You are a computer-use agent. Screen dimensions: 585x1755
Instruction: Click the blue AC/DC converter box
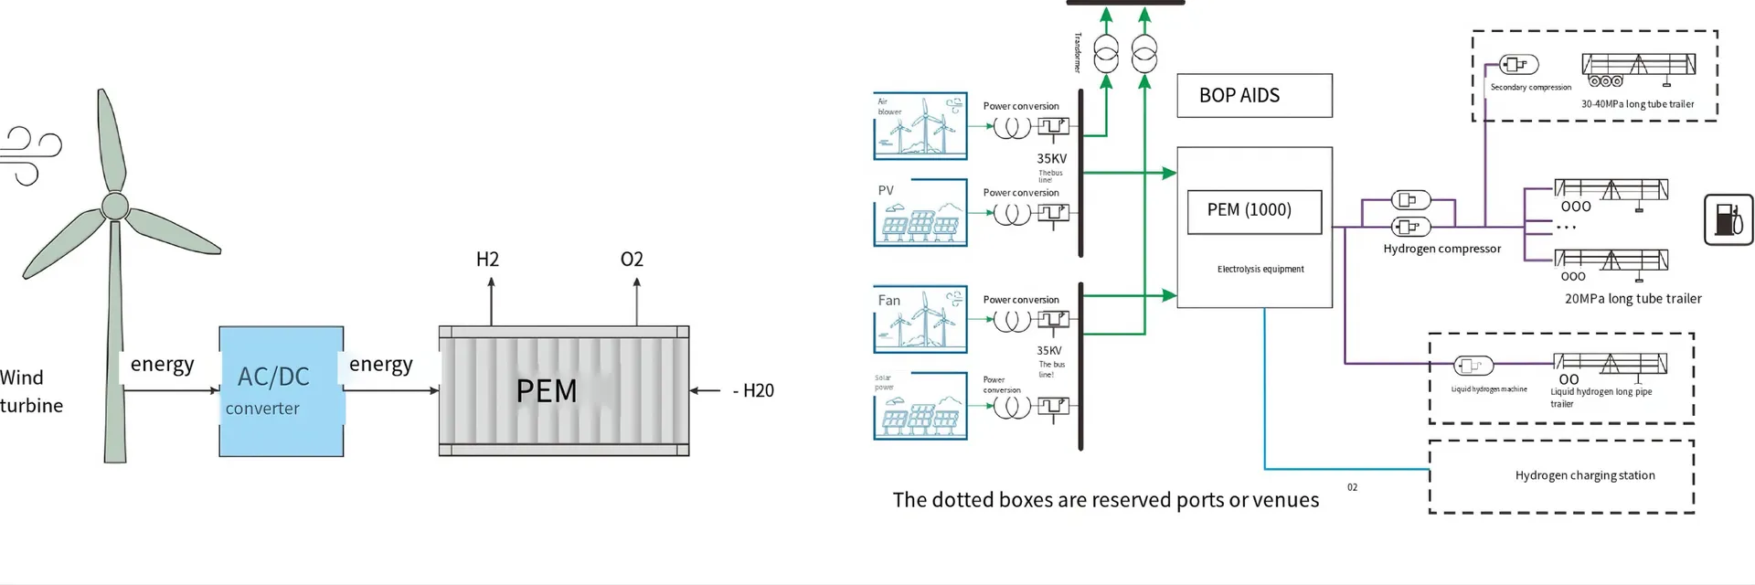pos(281,391)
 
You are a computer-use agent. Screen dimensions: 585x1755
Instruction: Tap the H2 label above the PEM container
pos(487,260)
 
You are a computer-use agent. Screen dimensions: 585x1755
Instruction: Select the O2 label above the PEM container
pos(632,260)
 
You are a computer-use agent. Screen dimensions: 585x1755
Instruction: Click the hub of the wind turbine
pos(115,206)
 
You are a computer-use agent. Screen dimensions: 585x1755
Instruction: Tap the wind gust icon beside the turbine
pos(29,156)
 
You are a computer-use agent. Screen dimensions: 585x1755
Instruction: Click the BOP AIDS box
pos(1254,96)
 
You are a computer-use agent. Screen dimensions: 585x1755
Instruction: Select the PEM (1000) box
pos(1254,211)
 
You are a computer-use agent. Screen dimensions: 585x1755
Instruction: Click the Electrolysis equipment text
pos(1260,270)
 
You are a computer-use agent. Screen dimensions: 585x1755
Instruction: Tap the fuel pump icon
pos(1728,219)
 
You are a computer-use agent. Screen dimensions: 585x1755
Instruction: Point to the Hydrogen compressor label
pos(1441,249)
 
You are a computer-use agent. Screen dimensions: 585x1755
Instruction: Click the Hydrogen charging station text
pos(1585,475)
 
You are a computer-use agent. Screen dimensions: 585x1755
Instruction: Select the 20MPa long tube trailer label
pos(1633,299)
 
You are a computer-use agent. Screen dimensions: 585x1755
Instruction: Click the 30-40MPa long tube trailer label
pos(1637,104)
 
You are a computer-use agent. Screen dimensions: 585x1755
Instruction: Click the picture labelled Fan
pos(920,319)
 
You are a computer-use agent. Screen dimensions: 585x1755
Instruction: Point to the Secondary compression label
pos(1530,88)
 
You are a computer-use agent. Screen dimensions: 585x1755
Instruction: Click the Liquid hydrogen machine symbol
pos(1473,367)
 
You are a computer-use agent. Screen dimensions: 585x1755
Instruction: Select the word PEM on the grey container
pos(547,391)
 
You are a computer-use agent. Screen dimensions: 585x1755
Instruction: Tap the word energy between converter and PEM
pos(381,365)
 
